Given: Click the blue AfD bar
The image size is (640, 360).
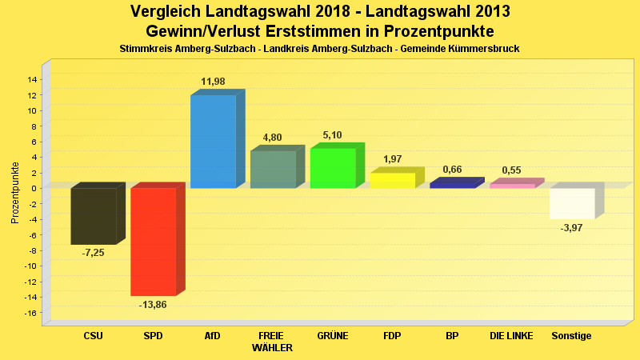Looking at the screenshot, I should pos(213,142).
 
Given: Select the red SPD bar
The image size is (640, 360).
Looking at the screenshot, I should pos(153,242).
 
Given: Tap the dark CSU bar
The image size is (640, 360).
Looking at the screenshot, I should pos(94,216).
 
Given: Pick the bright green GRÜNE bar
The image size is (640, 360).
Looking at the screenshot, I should pos(332,168).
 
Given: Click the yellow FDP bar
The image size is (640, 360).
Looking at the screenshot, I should pos(392,181).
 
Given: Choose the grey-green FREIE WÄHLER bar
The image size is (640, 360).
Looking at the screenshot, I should pos(273,170).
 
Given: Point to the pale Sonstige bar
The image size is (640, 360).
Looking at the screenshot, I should pos(572,203).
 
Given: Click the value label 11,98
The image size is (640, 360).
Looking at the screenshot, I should pos(213,82).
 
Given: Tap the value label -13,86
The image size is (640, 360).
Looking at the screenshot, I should pos(153,305).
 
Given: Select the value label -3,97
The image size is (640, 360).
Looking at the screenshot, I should pos(572,228).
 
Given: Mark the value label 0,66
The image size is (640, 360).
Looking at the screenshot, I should pos(452,170).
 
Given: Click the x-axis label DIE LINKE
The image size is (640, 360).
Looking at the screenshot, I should pos(511,336).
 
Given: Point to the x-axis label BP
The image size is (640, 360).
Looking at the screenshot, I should pos(452,336).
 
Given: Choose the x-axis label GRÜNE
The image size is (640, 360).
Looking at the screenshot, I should pos(332,336).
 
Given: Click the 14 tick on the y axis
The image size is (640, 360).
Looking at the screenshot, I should pos(33,79).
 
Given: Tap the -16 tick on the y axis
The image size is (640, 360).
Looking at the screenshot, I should pos(31,314).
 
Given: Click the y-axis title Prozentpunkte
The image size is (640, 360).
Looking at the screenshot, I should pos(15,193).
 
